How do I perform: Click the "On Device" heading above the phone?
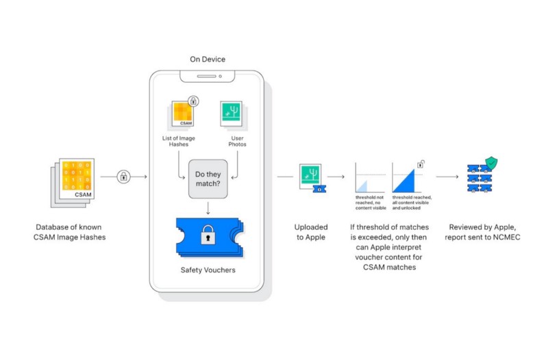[x=208, y=59]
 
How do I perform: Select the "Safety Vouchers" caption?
[x=208, y=270]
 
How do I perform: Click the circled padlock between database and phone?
[x=123, y=177]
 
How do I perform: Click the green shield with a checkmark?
[x=490, y=163]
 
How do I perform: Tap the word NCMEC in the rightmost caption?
[x=503, y=237]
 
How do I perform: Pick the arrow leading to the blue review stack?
[x=447, y=177]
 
